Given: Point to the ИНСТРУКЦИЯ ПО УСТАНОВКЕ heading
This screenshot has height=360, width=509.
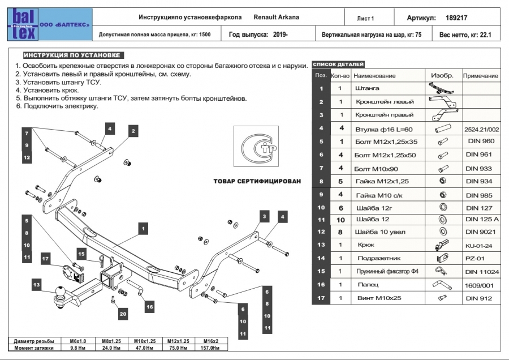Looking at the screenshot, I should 71,55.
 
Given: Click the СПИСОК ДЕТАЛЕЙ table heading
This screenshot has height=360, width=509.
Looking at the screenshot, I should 339,65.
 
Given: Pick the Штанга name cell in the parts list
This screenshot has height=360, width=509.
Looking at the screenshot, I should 367,88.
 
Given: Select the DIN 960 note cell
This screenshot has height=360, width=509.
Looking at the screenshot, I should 480,141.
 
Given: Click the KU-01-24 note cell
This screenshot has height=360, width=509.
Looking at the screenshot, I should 480,246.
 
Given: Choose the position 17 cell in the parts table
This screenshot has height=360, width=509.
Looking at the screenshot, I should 321,298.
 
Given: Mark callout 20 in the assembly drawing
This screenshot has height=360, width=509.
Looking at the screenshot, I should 123,312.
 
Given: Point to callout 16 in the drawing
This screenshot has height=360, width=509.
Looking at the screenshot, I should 149,307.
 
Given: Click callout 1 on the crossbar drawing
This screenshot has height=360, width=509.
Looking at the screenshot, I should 144,228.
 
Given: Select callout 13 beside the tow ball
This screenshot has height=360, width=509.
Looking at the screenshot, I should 36,284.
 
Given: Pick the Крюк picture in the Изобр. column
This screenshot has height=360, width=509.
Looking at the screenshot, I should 441,246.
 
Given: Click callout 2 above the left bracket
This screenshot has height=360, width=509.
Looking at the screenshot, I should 133,131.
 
